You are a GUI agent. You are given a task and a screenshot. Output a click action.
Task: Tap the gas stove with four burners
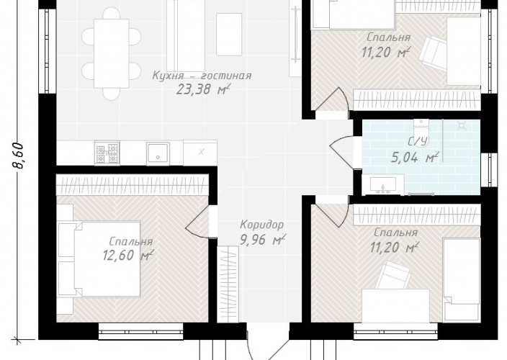[107, 153]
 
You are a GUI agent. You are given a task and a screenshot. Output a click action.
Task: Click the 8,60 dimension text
[19, 156]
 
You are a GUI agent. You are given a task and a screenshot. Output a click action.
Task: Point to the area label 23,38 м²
[203, 89]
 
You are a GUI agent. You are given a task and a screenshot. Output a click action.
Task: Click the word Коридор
[262, 224]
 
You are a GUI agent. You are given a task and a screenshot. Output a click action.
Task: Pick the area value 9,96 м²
[263, 240]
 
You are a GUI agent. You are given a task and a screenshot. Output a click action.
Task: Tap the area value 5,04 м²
[415, 158]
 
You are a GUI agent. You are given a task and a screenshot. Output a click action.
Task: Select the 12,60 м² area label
[127, 256]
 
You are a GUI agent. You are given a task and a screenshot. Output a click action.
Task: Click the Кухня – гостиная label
[202, 76]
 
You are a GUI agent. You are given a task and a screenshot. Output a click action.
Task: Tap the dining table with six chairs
[111, 53]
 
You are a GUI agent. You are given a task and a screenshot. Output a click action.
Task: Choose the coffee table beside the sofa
[229, 35]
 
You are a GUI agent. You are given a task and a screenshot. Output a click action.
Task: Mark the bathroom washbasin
[383, 185]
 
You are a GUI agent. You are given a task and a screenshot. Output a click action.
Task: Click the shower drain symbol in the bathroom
[460, 125]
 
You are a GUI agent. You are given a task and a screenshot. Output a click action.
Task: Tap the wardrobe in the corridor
[228, 284]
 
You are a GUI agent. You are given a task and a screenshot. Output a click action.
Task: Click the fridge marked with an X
[200, 152]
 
